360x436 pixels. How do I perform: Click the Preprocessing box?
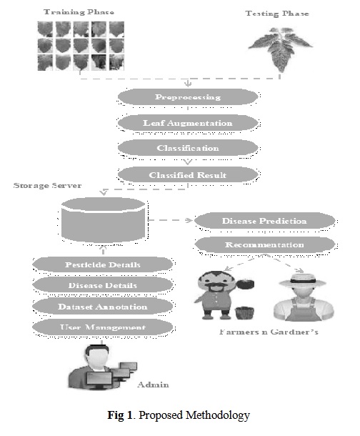click(188, 97)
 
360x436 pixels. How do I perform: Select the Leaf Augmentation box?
click(188, 123)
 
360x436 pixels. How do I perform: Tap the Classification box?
click(188, 148)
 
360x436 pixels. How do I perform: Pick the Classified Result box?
click(188, 175)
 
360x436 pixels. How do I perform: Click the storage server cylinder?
click(103, 220)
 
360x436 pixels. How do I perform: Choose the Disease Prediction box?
click(264, 221)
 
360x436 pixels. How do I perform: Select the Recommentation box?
click(264, 244)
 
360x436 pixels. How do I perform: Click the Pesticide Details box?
click(103, 264)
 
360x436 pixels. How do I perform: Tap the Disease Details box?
click(103, 285)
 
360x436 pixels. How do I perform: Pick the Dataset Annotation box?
click(103, 307)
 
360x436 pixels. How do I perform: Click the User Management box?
click(103, 327)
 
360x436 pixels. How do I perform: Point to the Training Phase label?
click(79, 12)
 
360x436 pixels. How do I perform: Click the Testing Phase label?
click(277, 14)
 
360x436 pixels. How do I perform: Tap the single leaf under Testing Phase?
click(280, 49)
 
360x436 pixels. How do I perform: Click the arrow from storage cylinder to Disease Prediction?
click(170, 220)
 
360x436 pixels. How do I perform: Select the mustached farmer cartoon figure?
click(224, 295)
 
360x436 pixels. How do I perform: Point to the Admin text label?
click(153, 385)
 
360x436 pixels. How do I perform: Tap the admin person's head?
click(96, 356)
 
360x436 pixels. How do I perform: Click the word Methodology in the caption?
click(218, 415)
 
